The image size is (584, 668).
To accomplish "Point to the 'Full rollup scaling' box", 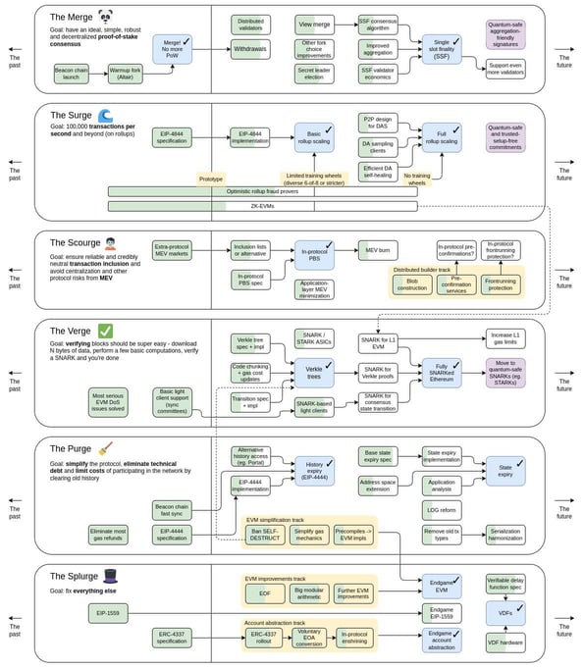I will (442, 137).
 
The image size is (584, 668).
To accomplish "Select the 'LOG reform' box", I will (442, 510).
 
